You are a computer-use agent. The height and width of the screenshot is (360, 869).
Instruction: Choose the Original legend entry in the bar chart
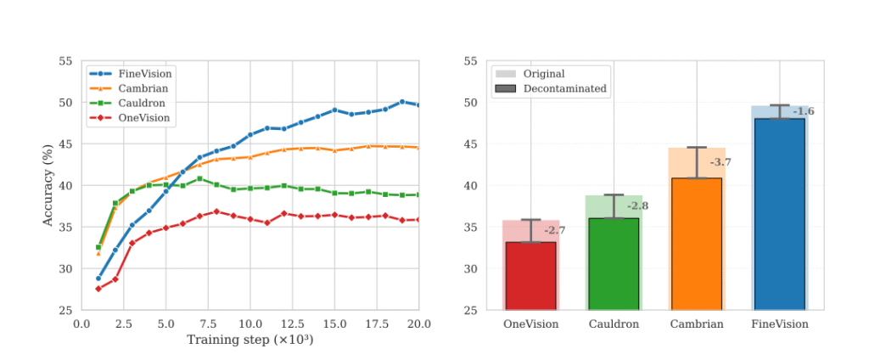[x=544, y=74]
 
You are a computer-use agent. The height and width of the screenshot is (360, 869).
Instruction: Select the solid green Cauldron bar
[x=614, y=264]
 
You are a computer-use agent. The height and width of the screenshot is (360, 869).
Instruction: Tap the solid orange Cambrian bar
[x=696, y=244]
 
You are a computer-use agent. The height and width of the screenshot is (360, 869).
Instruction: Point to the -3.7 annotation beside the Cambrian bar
[x=720, y=162]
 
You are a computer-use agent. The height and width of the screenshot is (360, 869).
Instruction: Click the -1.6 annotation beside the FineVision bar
[x=803, y=112]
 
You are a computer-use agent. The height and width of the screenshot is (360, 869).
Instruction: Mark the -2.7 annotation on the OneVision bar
[x=554, y=231]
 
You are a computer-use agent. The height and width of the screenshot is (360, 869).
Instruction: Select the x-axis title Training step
[x=250, y=340]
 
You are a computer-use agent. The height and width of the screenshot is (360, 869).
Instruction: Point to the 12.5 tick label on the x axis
[x=293, y=323]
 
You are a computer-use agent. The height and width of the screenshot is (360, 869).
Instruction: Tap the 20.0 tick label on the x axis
[x=418, y=323]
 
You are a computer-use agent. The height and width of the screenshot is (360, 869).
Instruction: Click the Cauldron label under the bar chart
[x=614, y=323]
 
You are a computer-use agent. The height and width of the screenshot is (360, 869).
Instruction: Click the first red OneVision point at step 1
[x=98, y=289]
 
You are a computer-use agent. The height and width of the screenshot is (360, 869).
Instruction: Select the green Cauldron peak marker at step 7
[x=199, y=178]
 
